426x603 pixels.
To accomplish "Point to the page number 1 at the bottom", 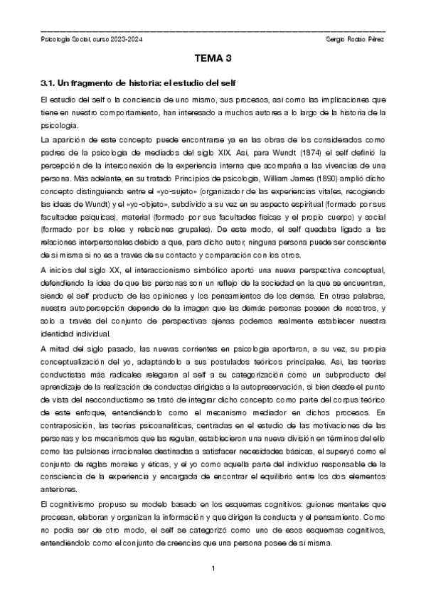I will coord(213,567).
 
